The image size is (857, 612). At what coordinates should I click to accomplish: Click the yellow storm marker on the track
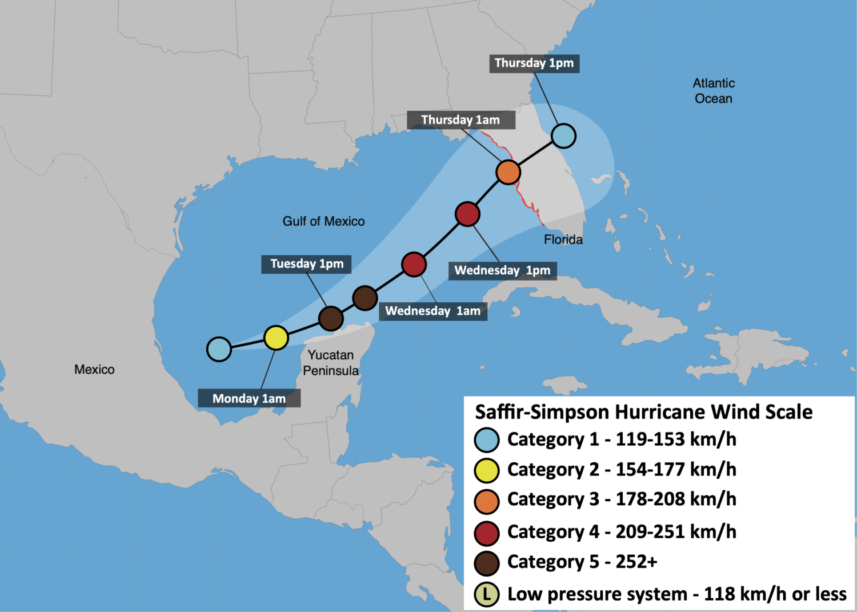[276, 338]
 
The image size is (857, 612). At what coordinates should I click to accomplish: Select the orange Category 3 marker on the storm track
[508, 172]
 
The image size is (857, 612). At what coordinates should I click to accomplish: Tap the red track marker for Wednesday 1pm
[467, 214]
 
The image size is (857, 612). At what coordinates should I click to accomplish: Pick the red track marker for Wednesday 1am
[414, 264]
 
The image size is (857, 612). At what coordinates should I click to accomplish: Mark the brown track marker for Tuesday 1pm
[331, 318]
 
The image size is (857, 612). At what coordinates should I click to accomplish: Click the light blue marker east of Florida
[563, 136]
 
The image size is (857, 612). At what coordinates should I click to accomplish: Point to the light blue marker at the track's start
[219, 349]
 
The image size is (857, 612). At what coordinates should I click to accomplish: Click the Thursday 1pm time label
[534, 63]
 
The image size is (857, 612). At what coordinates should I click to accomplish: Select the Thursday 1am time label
[460, 120]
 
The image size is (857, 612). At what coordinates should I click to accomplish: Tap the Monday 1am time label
[249, 398]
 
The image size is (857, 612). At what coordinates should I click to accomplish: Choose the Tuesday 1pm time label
[307, 264]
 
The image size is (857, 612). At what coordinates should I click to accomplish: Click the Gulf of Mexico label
[323, 221]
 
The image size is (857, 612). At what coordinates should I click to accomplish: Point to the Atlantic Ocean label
[714, 91]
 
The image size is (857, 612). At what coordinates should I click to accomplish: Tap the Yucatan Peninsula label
[331, 363]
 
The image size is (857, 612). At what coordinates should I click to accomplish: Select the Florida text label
[563, 239]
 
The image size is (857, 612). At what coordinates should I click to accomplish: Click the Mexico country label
[94, 370]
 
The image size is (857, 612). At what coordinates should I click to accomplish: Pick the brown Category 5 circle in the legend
[487, 563]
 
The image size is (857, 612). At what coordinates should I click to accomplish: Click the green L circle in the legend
[487, 594]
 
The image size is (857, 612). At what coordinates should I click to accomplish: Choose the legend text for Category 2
[622, 470]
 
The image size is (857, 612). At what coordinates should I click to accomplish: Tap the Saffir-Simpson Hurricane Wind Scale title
[644, 412]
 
